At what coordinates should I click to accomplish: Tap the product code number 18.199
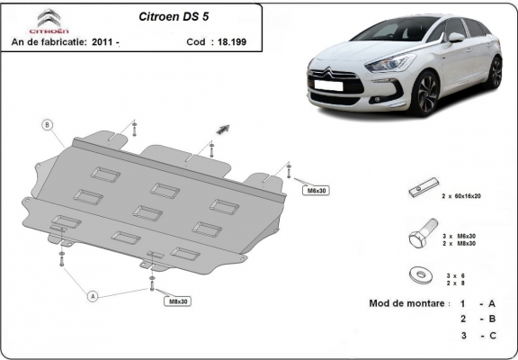coord(230,41)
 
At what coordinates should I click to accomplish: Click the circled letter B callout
coord(48,124)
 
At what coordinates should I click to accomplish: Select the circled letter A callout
coord(92,294)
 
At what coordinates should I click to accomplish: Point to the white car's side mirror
coord(457,38)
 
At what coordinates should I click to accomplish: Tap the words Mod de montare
coord(407,303)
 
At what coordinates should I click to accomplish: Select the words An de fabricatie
coord(49,41)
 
